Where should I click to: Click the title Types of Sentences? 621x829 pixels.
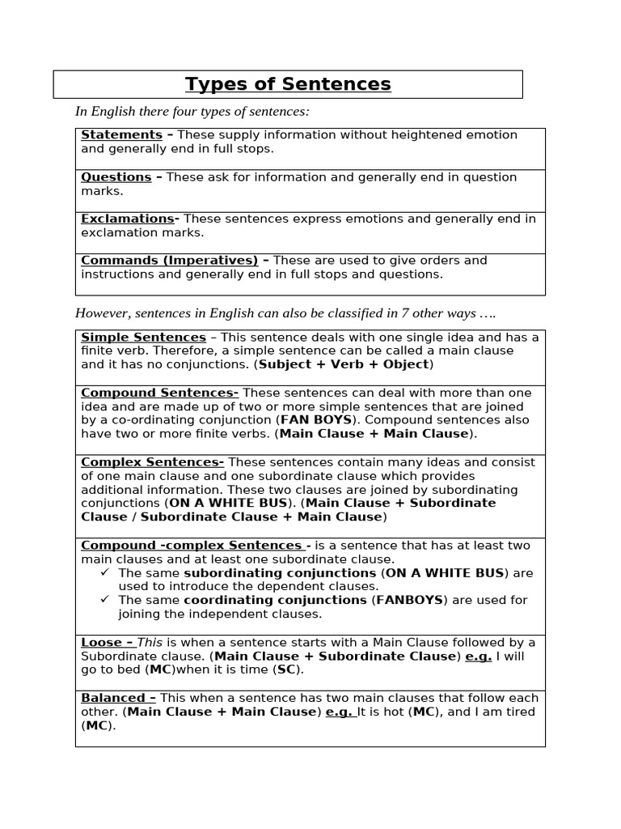288,84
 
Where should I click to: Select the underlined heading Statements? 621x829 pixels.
121,135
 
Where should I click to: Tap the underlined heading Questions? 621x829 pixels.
116,177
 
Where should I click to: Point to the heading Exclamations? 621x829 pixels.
127,219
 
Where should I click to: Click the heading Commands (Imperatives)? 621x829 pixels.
169,261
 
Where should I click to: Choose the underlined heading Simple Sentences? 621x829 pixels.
143,337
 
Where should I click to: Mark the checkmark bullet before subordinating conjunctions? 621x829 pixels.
105,572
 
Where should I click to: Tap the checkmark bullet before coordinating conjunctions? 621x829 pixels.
105,600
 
